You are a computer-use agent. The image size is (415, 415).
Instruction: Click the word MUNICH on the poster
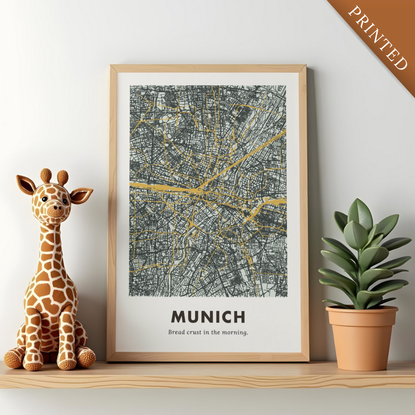click(208, 317)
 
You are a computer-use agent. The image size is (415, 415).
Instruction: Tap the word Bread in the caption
click(176, 332)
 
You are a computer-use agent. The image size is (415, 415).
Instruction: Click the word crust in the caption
click(194, 332)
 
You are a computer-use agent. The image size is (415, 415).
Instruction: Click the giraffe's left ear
click(26, 185)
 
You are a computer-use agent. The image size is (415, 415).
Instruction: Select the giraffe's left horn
click(46, 175)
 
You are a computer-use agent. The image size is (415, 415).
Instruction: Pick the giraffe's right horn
click(63, 178)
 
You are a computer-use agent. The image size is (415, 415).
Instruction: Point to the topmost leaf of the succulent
click(360, 214)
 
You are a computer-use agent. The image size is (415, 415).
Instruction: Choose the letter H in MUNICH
click(239, 317)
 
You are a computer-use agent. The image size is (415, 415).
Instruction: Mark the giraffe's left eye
click(45, 199)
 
